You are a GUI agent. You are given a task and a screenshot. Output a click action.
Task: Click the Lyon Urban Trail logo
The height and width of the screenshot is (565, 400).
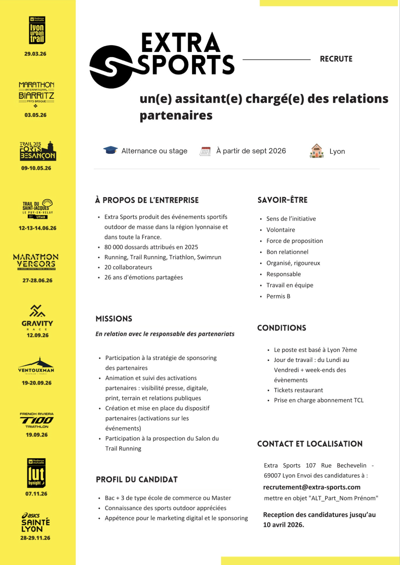tap(37, 30)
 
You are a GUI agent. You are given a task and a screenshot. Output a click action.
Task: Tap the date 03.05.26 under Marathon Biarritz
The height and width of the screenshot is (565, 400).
tap(36, 115)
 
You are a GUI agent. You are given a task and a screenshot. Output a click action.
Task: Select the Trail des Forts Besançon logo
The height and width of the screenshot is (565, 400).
tap(37, 151)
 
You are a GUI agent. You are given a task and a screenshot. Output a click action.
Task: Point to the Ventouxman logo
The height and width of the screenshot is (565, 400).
tap(36, 366)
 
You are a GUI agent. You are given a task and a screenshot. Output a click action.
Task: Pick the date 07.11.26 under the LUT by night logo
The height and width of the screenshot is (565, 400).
tap(36, 494)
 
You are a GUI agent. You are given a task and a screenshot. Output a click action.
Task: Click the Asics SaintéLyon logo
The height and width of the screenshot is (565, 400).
tap(36, 523)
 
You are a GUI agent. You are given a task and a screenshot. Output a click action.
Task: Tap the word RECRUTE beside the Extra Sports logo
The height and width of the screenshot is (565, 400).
tap(336, 59)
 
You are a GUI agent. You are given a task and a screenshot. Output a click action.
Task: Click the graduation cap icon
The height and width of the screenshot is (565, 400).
tap(110, 150)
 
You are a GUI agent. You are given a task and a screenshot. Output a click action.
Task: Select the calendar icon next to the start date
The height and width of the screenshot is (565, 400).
tap(205, 151)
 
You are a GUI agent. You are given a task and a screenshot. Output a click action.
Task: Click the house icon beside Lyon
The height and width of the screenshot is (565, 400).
tap(316, 151)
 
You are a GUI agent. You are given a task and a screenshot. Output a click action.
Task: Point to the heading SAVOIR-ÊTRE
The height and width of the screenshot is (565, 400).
tap(282, 200)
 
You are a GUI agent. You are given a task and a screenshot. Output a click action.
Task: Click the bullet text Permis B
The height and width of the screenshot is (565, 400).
tap(278, 296)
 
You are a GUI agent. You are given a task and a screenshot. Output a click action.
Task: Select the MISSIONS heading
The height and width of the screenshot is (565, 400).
tap(114, 319)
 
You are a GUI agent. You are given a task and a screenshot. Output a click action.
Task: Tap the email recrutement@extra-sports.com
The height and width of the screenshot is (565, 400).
tap(312, 487)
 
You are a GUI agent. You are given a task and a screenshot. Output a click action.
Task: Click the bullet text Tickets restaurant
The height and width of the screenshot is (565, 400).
tap(298, 390)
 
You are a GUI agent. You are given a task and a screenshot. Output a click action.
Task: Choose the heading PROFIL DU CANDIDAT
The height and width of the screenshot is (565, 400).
tap(137, 480)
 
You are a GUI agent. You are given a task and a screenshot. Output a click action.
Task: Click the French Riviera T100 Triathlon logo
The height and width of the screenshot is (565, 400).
tap(37, 420)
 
